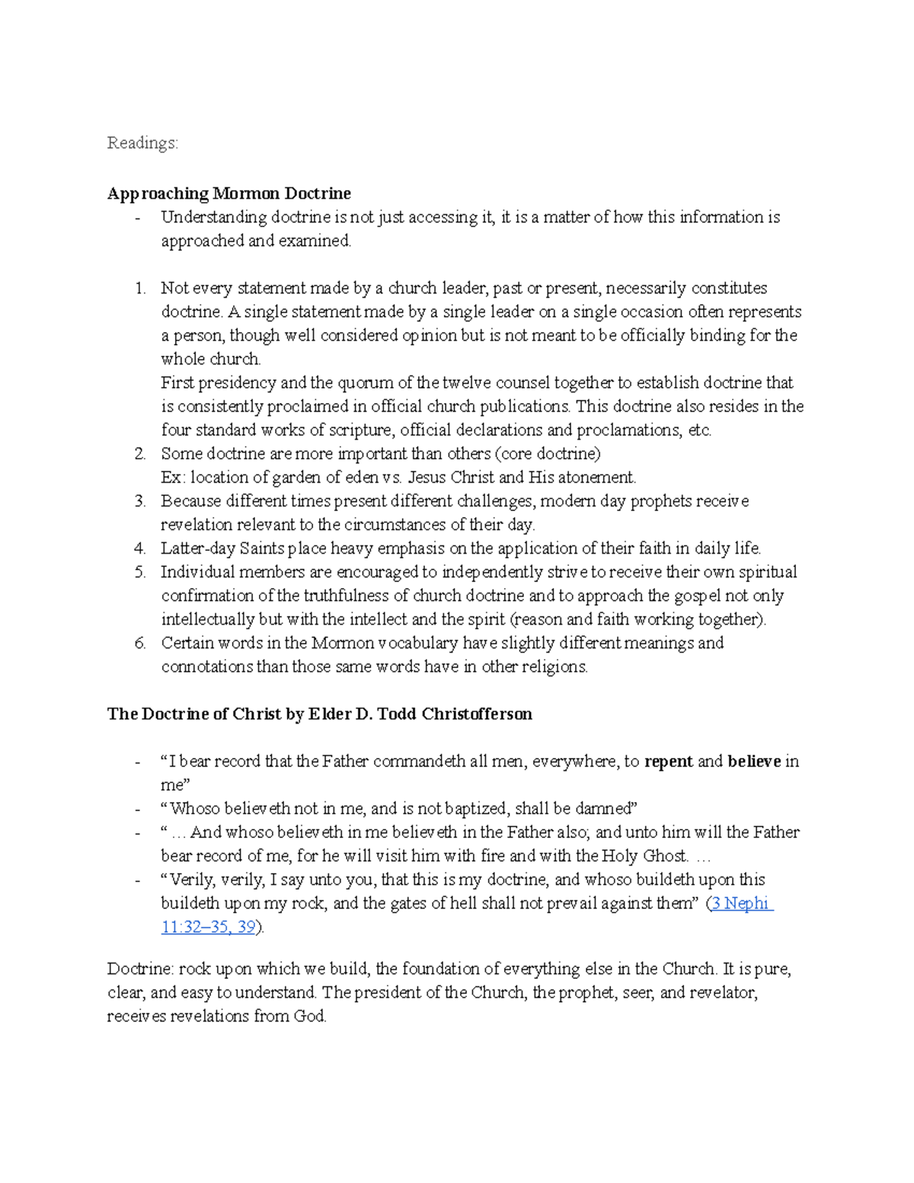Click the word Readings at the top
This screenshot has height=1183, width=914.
[x=142, y=143]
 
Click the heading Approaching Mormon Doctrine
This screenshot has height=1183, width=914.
[x=228, y=193]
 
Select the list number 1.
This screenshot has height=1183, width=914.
[x=139, y=289]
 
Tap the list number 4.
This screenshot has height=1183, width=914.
[x=139, y=548]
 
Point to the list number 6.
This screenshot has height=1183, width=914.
[x=139, y=643]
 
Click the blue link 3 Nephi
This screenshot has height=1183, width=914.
[x=740, y=903]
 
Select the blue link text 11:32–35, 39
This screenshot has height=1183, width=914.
[x=209, y=927]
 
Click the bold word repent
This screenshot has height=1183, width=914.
[x=669, y=762]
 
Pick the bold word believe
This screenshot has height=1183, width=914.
[x=754, y=762]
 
